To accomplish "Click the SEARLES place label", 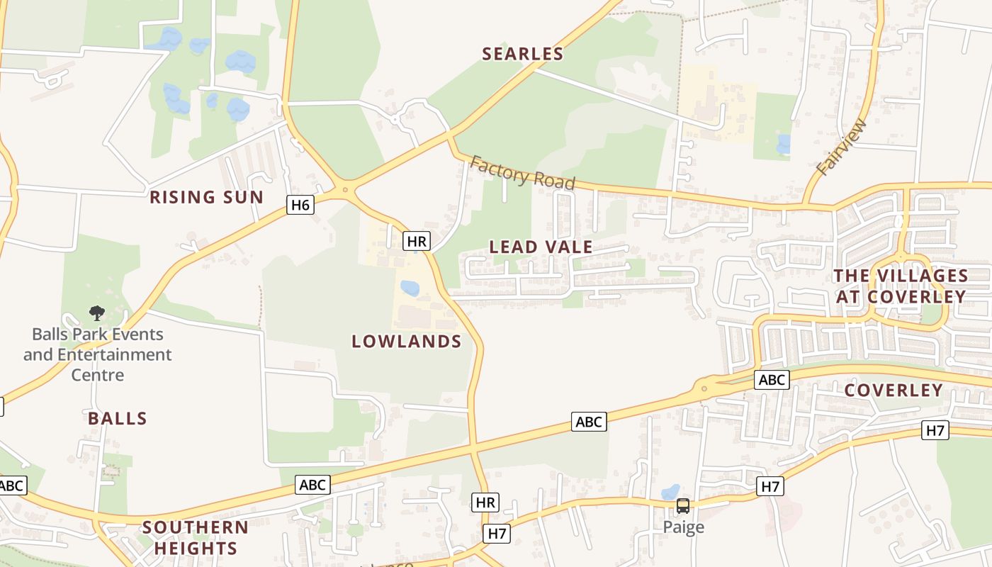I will click(x=523, y=54).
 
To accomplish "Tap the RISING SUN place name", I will click(x=206, y=197).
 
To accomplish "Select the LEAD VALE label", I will click(x=541, y=247).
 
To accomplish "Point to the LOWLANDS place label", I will click(x=407, y=342).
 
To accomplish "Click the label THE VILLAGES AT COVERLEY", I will click(x=901, y=286).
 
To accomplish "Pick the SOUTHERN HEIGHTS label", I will click(x=196, y=537).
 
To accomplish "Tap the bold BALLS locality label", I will click(x=118, y=418).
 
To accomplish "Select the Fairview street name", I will click(x=842, y=147).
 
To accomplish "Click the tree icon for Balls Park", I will click(x=97, y=313).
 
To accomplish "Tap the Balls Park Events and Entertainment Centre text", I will click(x=98, y=354).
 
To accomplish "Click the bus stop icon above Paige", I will click(x=683, y=506).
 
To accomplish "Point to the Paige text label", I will click(x=684, y=527).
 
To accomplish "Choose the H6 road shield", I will click(x=300, y=206).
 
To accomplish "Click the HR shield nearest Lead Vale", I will click(x=417, y=241).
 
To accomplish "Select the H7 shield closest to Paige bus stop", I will click(x=770, y=486).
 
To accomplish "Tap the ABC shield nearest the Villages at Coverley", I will click(x=771, y=380).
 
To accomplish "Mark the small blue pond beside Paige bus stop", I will click(x=670, y=491).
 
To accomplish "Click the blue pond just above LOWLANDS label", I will click(x=410, y=288).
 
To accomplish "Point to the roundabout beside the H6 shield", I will click(x=345, y=189).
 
